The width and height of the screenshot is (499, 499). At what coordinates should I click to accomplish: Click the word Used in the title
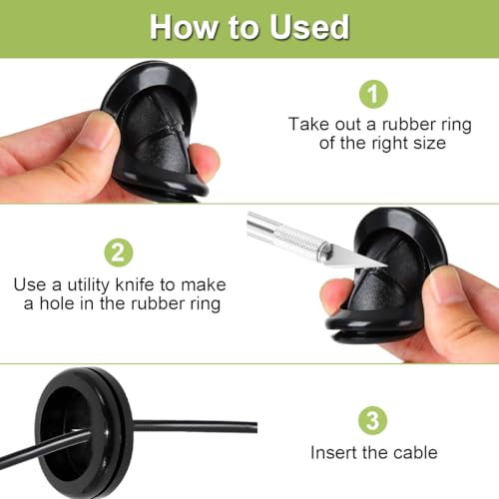[x=309, y=27]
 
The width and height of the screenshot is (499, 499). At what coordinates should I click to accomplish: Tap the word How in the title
[x=183, y=27]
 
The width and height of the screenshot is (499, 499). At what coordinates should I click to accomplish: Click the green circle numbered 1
[x=373, y=94]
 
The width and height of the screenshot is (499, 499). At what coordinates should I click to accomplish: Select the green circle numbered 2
[x=119, y=252]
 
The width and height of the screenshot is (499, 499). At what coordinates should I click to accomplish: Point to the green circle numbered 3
[x=373, y=420]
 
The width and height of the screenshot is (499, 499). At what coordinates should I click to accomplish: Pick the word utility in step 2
[x=88, y=285]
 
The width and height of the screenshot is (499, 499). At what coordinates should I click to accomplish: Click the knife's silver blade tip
[x=386, y=265]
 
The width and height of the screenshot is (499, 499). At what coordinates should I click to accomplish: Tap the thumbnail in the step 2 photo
[x=446, y=285]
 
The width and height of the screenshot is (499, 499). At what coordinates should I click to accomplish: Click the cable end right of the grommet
[x=255, y=427]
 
